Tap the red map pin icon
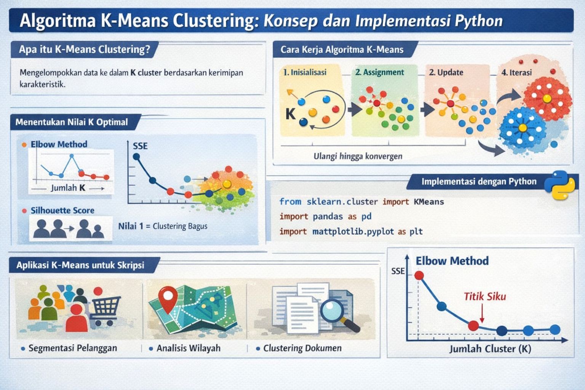(168, 298)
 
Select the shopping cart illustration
(105, 309)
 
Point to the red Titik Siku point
(473, 326)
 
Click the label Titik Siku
(484, 296)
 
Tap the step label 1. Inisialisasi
(305, 72)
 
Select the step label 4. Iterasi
(516, 72)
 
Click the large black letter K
(291, 113)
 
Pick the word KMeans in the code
(429, 201)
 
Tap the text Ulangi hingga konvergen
(358, 156)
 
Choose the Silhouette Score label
(62, 210)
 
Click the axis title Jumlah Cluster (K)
(490, 348)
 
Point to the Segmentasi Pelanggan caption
(73, 348)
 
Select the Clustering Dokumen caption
(302, 348)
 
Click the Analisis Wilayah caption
(189, 348)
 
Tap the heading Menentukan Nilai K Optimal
(72, 122)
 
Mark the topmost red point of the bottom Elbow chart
(419, 275)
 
